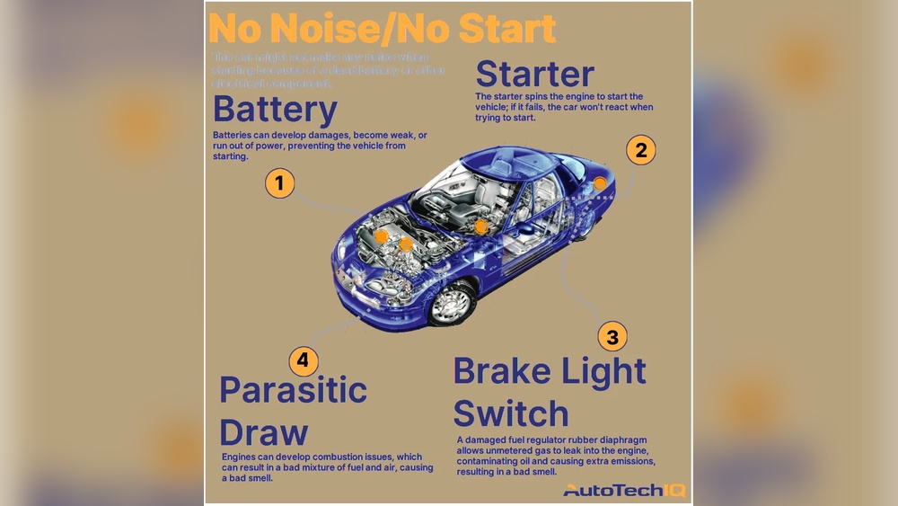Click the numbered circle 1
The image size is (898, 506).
280,184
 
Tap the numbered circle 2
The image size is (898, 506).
640,150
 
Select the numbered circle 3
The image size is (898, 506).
612,337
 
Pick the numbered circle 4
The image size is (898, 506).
304,361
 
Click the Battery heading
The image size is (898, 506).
275,111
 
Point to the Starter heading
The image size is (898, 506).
534,74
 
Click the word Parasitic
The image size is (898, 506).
293,391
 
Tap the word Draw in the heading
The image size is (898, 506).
264,432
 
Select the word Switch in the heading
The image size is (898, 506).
510,414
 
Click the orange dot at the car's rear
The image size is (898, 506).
599,184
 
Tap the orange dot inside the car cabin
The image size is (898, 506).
481,226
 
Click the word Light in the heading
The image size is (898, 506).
603,371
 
